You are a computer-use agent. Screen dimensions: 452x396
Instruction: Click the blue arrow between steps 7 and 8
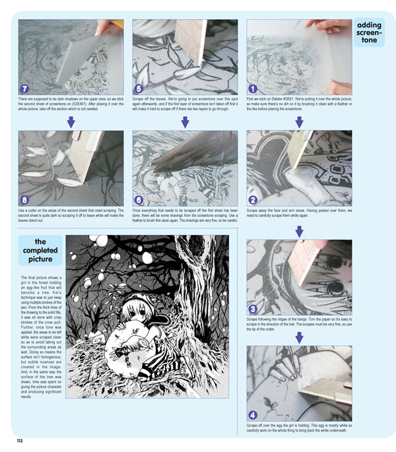pos(71,121)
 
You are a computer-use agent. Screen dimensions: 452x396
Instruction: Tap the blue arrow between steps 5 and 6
pos(185,121)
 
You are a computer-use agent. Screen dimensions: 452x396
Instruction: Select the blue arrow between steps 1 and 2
pos(298,121)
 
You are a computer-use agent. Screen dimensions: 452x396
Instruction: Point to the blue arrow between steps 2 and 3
pos(298,231)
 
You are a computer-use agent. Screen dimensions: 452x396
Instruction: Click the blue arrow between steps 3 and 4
pos(298,338)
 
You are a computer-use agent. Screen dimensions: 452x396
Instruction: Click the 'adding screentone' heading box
pos(374,32)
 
